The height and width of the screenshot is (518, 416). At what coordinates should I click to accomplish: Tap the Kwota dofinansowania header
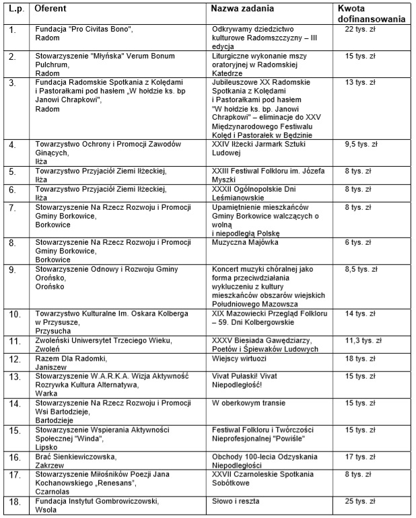coord(371,13)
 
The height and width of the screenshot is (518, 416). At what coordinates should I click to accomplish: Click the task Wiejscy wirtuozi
coord(239,359)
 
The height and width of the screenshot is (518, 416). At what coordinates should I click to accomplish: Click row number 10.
coord(14,313)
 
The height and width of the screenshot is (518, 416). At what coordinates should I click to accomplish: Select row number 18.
coord(14,501)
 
